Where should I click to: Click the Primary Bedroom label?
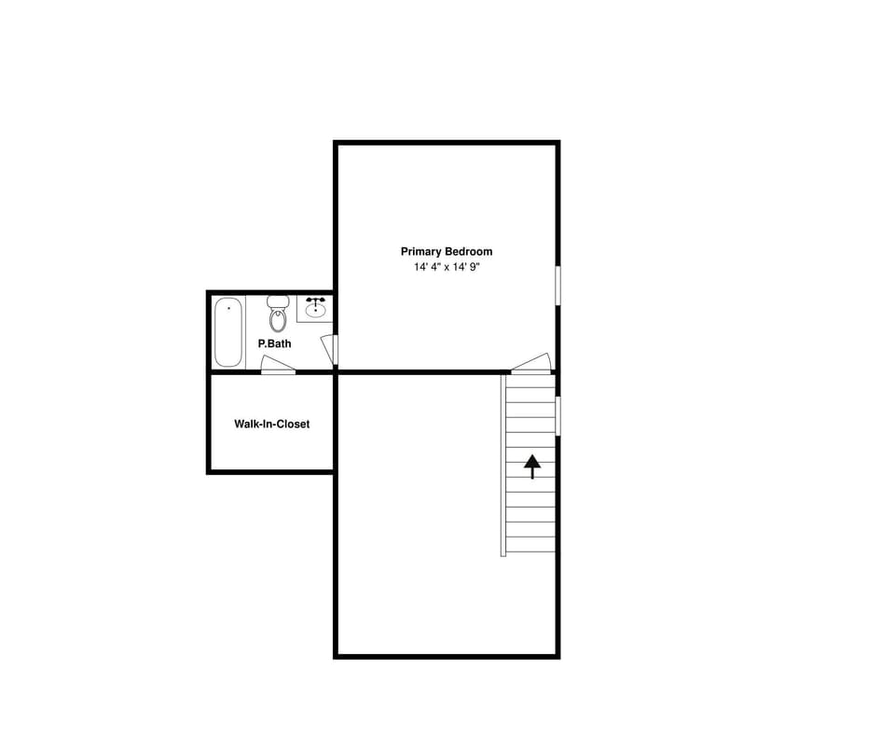pos(447,251)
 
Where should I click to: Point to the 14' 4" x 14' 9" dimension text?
pos(447,267)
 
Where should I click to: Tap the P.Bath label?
pos(274,343)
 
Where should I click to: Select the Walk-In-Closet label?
pos(271,424)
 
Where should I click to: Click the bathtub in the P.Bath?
pos(228,331)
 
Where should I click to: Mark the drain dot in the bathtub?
pos(228,308)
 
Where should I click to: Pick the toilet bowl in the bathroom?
pos(278,320)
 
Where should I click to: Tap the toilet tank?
pos(278,301)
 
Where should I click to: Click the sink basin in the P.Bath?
pos(316,312)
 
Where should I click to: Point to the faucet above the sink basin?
pos(316,300)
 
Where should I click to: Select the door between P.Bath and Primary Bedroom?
pos(329,349)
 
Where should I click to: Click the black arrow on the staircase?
pos(531,466)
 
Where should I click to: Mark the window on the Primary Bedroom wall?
pos(558,286)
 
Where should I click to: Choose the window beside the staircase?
pos(558,415)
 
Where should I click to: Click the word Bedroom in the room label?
pos(468,251)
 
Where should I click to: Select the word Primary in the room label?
pos(421,251)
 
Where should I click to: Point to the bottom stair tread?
pos(530,544)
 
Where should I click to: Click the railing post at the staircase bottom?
pos(503,552)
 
